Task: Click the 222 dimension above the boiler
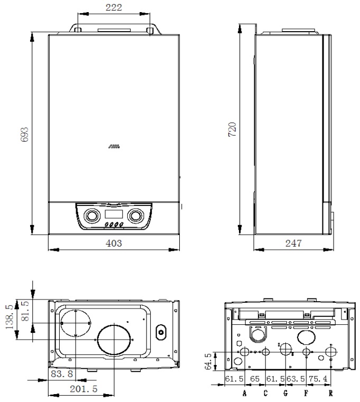point(114,7)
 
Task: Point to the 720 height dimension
point(233,129)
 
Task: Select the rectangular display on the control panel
point(114,215)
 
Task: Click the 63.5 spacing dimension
point(296,379)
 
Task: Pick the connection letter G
point(286,393)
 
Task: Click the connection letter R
point(331,393)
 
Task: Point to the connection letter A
point(244,393)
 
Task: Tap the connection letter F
point(306,393)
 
